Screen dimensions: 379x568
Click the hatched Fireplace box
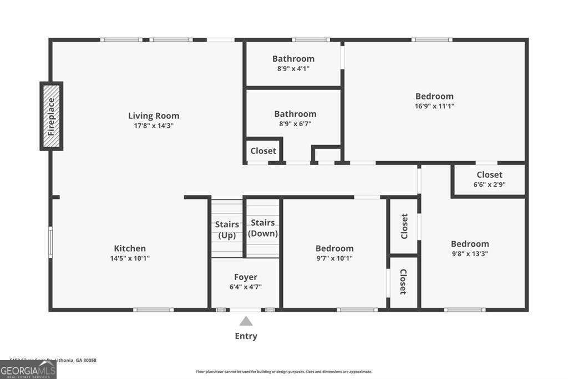(x=51, y=116)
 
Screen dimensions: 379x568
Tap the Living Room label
(x=154, y=116)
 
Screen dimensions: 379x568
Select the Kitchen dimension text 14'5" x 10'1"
(x=130, y=258)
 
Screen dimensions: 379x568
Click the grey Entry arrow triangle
(x=246, y=321)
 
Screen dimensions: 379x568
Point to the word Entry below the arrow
(x=246, y=336)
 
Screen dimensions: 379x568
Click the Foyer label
(x=246, y=277)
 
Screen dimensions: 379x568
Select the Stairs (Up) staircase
(x=227, y=229)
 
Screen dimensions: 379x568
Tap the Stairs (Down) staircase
(x=263, y=228)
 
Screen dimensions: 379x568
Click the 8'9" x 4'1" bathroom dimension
(x=293, y=69)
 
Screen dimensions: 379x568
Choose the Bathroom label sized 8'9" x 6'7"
(x=295, y=114)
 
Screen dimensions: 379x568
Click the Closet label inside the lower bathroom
(x=263, y=151)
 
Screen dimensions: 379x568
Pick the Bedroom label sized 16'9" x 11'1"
(x=434, y=96)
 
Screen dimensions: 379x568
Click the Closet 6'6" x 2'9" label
(x=489, y=175)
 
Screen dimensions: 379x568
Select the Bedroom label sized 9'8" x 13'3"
(x=470, y=244)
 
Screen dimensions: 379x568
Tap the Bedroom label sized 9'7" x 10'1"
(x=334, y=248)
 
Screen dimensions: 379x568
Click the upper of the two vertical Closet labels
(x=404, y=226)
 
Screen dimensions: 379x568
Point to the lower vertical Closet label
(x=403, y=282)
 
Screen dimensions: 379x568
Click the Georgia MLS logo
(x=28, y=370)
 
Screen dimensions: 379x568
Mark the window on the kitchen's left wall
(x=50, y=242)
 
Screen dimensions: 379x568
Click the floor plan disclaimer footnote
(x=283, y=372)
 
